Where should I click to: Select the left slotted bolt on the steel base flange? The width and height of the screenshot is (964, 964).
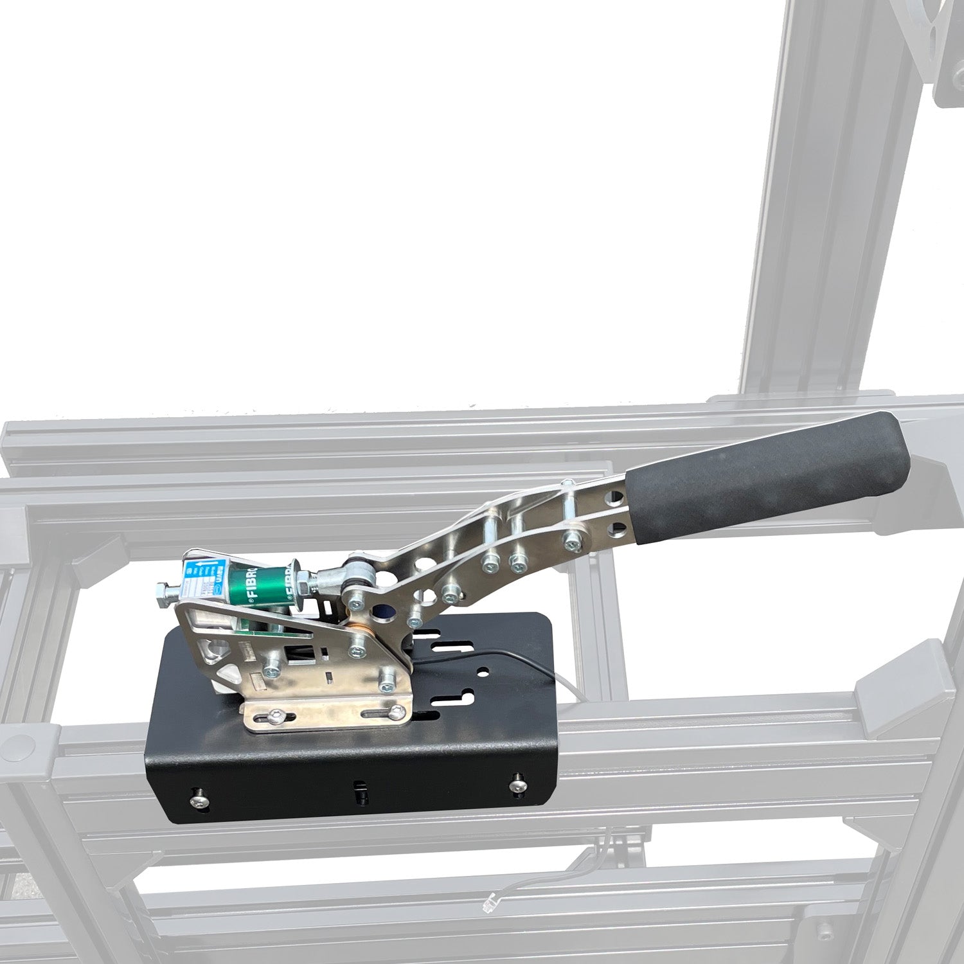(275, 717)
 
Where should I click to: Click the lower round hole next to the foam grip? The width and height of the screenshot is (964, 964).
(619, 531)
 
